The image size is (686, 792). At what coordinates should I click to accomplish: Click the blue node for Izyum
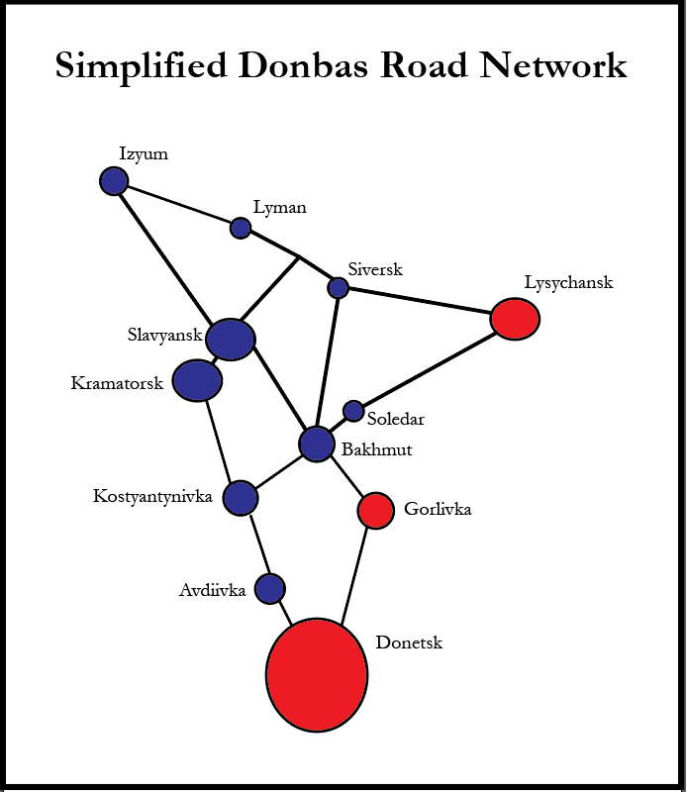[114, 181]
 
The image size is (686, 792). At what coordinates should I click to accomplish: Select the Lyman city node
[241, 228]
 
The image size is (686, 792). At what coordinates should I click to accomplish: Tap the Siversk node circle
[338, 287]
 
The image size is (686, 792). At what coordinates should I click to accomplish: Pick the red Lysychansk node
[515, 319]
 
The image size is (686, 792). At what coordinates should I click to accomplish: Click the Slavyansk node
[231, 340]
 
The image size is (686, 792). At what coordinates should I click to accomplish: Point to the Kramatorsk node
[197, 380]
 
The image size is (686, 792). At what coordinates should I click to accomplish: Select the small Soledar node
[353, 410]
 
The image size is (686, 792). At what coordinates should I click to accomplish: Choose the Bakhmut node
[317, 444]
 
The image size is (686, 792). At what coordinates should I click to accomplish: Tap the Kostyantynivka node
[241, 497]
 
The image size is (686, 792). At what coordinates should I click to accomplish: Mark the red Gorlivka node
[375, 510]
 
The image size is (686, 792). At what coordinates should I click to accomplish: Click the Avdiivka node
[270, 588]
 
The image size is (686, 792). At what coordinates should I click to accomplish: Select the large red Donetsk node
[317, 674]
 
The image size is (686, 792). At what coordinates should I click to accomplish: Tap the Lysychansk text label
[568, 283]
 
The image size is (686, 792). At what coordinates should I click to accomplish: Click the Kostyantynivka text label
[153, 496]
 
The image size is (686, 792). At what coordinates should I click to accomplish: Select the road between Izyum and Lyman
[178, 205]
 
